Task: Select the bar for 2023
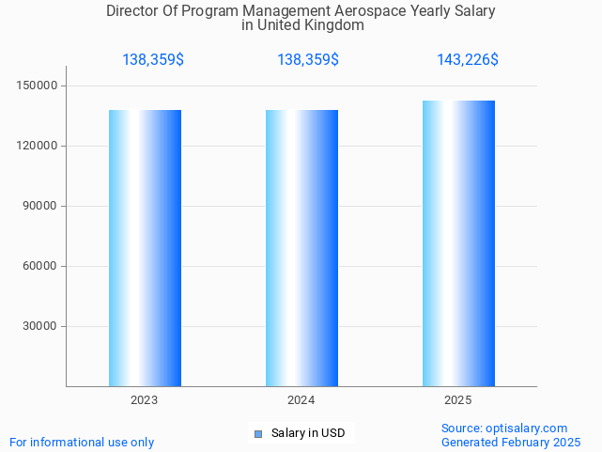(x=145, y=248)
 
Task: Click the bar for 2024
(x=301, y=248)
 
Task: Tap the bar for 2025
(x=458, y=243)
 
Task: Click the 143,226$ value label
(x=467, y=60)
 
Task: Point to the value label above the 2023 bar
(x=153, y=60)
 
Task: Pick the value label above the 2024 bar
(x=308, y=60)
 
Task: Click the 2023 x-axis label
(x=145, y=400)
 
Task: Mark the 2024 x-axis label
(x=301, y=400)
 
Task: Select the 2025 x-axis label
(x=458, y=400)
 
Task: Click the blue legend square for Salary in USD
(x=259, y=433)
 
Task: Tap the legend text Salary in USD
(x=308, y=433)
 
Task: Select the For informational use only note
(x=82, y=442)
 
